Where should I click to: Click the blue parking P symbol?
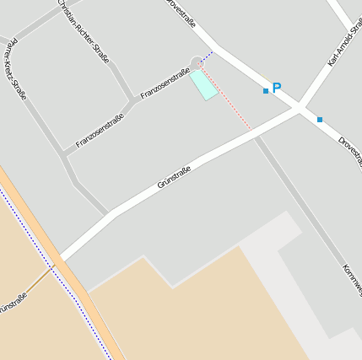276,88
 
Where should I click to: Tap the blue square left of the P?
266,91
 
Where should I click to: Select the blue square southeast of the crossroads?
320,120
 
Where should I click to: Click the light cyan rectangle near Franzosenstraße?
203,84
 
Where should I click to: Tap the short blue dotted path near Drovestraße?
207,56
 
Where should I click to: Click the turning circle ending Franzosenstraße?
197,62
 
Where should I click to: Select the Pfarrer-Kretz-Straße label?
14,67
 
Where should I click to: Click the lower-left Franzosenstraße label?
100,131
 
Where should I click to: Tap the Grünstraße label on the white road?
175,177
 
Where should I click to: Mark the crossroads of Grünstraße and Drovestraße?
299,107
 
